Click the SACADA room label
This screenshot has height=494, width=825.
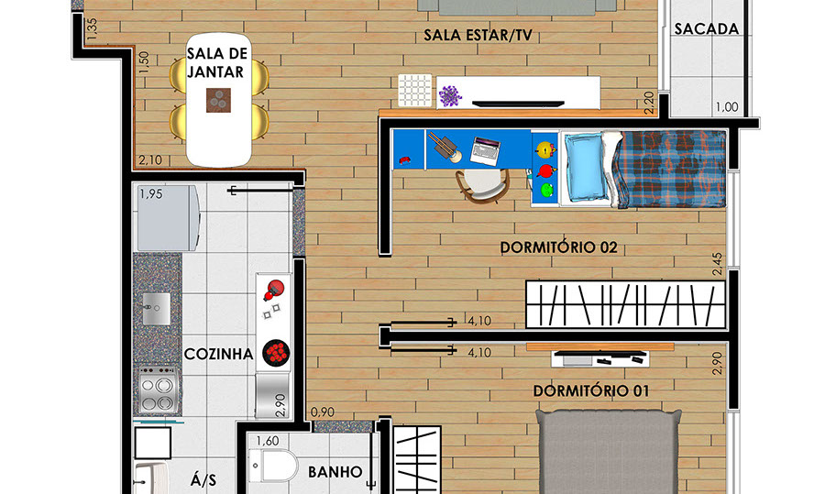coord(707,29)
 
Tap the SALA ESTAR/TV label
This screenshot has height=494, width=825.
coord(478,35)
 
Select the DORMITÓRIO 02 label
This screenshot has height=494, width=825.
coord(558,247)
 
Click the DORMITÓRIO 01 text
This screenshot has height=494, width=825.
coord(591,390)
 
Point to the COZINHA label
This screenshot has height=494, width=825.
coord(218,354)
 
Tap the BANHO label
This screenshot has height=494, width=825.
coord(335,472)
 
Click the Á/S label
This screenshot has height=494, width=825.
coord(203,480)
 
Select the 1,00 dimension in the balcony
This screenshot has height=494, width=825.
coord(727,107)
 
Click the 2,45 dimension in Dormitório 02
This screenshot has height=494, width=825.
coord(717,264)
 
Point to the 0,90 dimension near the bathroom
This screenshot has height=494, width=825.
coord(323,412)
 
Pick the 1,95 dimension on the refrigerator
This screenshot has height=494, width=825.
coord(151,194)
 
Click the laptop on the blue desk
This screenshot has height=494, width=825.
coord(486,150)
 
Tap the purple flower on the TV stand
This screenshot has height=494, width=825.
coord(450,96)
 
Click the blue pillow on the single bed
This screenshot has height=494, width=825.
coord(585,167)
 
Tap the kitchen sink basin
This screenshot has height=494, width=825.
coord(157,308)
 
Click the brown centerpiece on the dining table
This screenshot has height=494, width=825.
coord(218,101)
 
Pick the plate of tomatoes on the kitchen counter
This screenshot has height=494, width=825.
coord(276,352)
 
